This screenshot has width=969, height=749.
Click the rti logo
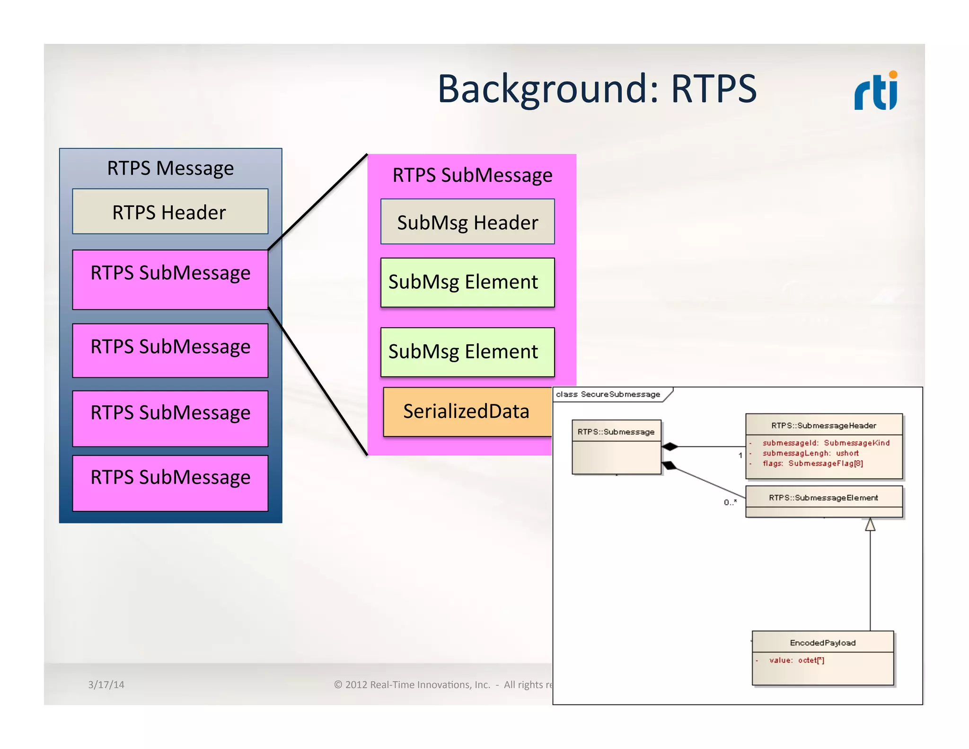point(876,91)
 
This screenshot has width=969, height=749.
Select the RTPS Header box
point(170,212)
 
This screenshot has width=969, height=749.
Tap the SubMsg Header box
point(467,222)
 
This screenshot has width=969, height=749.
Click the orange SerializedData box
point(467,411)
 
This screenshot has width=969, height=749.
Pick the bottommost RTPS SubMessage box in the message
point(170,483)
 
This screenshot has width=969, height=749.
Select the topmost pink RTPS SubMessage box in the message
point(170,279)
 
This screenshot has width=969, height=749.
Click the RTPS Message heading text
point(170,168)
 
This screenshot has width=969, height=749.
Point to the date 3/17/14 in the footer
point(106,685)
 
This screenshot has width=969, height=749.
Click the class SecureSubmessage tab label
point(608,394)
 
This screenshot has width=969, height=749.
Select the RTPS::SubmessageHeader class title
point(824,426)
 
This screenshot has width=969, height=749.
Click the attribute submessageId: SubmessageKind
point(826,443)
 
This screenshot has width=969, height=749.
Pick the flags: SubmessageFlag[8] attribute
point(812,464)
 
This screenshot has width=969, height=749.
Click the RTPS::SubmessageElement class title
point(823,498)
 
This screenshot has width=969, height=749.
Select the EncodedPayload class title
point(823,643)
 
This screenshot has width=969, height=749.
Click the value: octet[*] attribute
point(797,660)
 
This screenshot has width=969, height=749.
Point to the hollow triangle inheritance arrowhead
point(870,525)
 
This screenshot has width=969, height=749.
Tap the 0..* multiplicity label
point(730,502)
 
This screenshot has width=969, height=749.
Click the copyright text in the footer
point(443,685)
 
